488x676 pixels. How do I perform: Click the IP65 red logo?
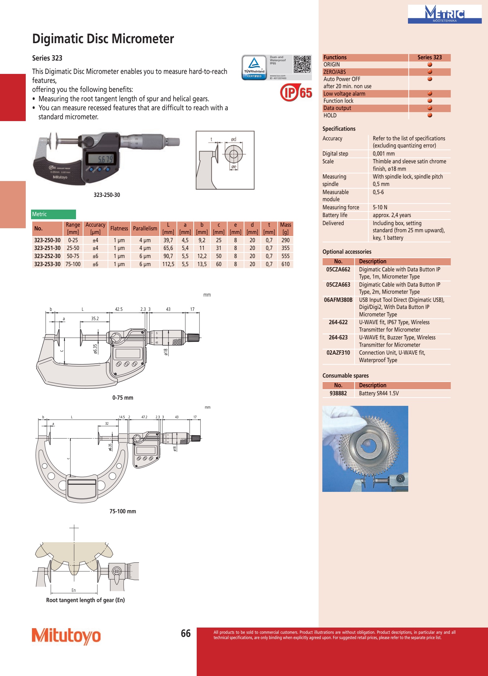(x=296, y=92)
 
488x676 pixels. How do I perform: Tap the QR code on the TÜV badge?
(x=302, y=64)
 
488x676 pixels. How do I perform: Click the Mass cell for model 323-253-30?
(x=285, y=264)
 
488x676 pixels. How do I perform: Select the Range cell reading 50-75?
(x=73, y=256)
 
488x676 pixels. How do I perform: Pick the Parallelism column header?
(x=145, y=229)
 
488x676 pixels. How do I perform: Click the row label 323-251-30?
(x=47, y=248)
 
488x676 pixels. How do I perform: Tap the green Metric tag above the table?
(x=54, y=214)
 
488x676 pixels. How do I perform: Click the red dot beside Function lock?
(x=430, y=101)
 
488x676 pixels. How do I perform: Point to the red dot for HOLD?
(x=430, y=115)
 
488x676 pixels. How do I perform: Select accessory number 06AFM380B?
(x=338, y=300)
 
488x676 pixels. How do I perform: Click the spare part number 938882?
(x=338, y=393)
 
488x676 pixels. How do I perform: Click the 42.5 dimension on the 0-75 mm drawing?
(x=119, y=309)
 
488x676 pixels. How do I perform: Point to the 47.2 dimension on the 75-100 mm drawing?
(x=144, y=417)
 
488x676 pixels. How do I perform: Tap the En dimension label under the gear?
(x=74, y=590)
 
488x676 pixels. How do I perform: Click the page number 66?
(x=186, y=633)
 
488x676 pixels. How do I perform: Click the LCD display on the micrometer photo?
(x=101, y=159)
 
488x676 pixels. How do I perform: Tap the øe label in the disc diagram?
(x=234, y=167)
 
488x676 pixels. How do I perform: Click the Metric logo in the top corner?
(x=445, y=14)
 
